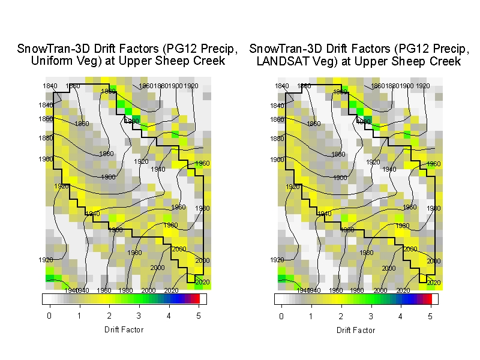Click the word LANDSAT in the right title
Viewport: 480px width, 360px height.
[281, 61]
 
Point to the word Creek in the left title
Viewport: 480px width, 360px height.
[210, 61]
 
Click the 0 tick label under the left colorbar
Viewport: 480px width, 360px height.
[49, 316]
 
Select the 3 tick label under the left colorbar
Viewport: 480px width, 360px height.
[139, 316]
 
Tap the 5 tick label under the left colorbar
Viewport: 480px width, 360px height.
[198, 316]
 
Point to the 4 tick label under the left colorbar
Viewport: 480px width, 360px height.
[169, 316]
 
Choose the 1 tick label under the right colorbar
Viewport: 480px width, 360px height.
[311, 316]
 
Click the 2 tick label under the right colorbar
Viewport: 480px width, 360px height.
[341, 316]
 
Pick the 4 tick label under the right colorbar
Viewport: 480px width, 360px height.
[400, 316]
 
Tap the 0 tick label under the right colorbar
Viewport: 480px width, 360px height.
[281, 316]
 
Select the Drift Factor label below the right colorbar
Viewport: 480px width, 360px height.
[356, 331]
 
